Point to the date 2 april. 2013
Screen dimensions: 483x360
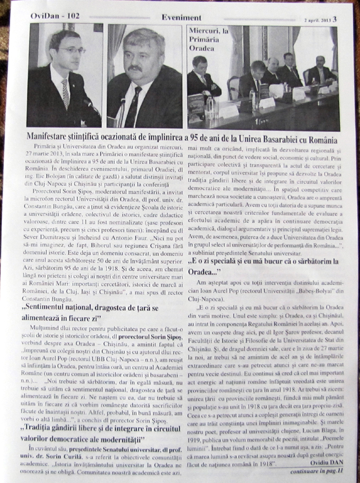pos(317,20)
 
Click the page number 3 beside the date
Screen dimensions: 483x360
pos(334,19)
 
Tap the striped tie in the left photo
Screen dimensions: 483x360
pos(65,94)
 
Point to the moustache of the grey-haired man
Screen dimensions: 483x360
pos(135,68)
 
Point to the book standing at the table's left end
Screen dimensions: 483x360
pos(196,105)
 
